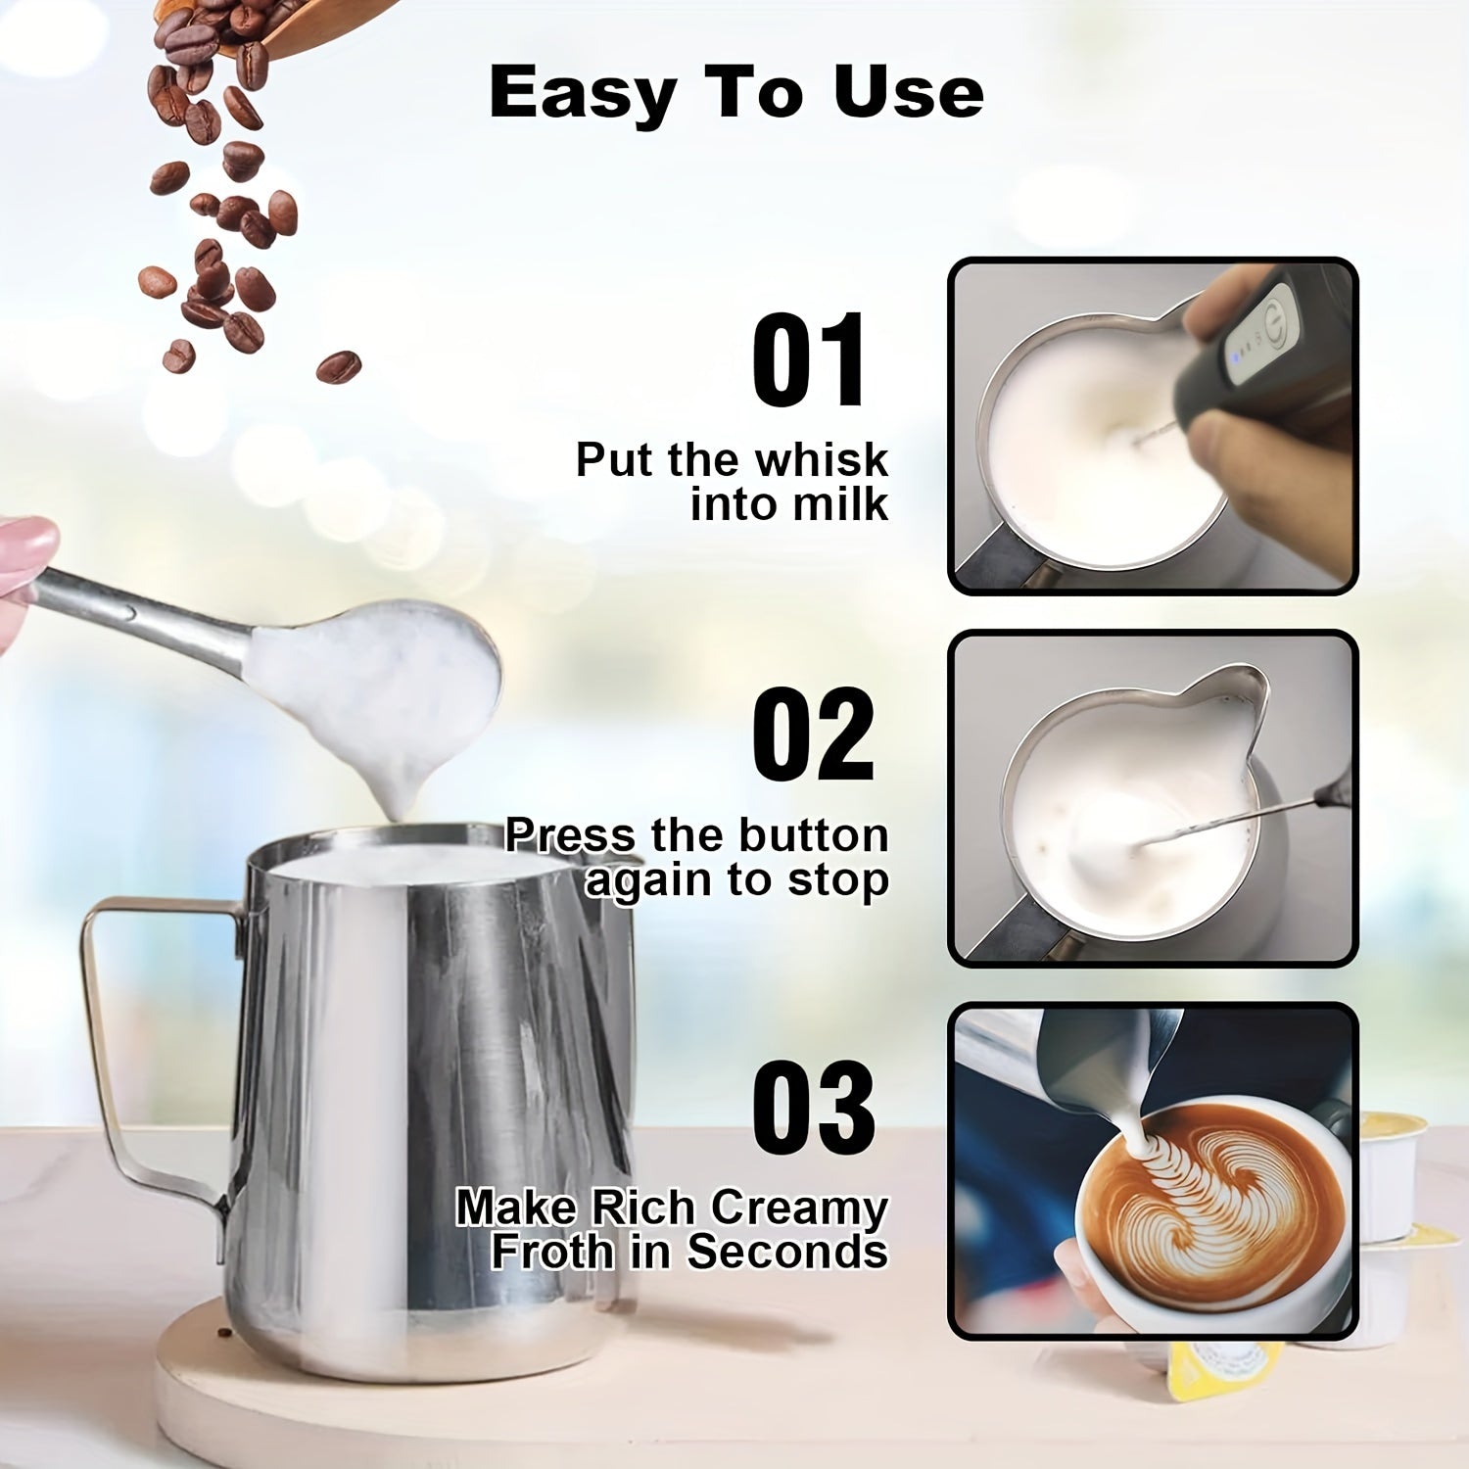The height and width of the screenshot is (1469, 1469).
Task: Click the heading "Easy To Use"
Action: point(735,93)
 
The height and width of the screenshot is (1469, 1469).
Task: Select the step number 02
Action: point(812,735)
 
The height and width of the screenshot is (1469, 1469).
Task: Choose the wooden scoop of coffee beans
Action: point(304,20)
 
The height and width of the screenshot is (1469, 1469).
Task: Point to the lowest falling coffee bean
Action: point(338,367)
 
